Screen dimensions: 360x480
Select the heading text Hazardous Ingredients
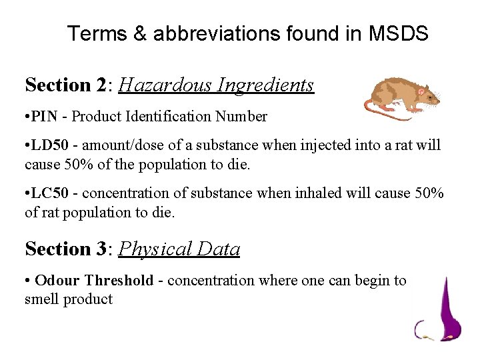tap(216, 85)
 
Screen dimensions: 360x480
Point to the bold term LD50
tap(51, 145)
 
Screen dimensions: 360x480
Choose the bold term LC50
tap(51, 193)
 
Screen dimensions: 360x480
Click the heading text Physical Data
tap(179, 249)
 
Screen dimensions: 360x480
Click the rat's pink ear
tap(421, 91)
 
